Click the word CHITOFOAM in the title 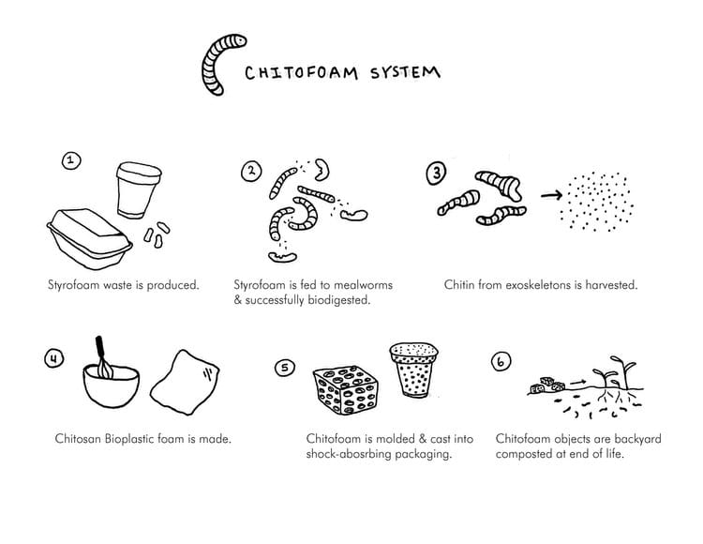[301, 72]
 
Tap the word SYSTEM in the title [405, 72]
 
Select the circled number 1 [71, 160]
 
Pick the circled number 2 [251, 172]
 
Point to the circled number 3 [436, 174]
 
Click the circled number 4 [53, 358]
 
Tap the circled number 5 [285, 368]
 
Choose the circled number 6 [501, 361]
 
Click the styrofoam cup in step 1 [138, 190]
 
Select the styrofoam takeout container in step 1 [89, 238]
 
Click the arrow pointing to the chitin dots [551, 195]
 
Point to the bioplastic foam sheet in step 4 [185, 382]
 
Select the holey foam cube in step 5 [345, 390]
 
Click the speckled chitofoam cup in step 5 [413, 370]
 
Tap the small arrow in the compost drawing [578, 383]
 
